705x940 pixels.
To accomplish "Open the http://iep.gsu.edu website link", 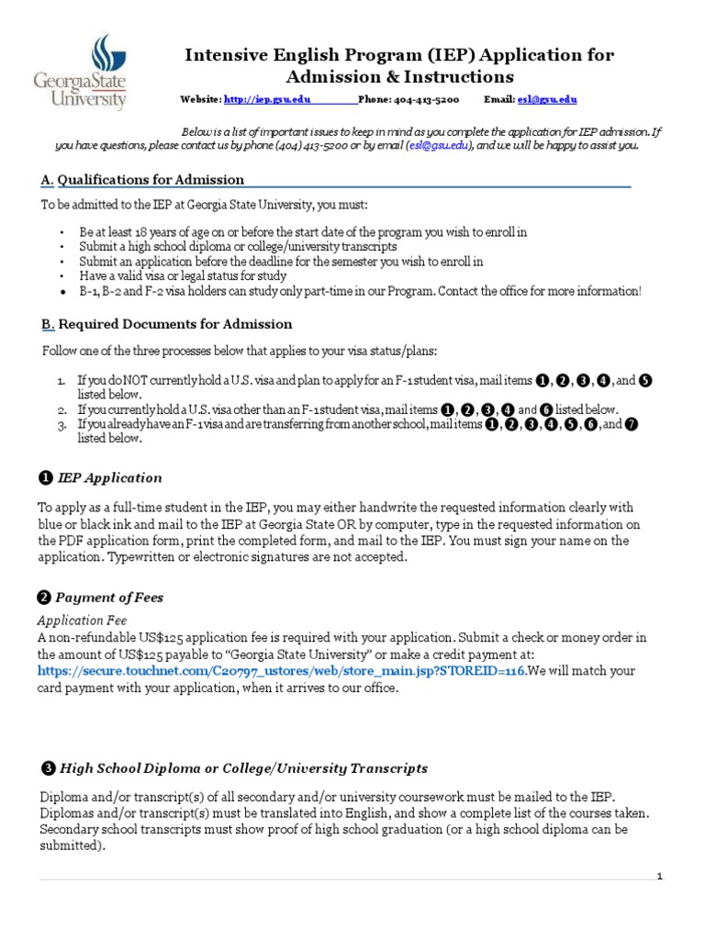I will coord(267,99).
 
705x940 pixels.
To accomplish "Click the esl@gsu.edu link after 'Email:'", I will coord(547,99).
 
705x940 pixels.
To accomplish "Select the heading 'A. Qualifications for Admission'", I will coord(141,180).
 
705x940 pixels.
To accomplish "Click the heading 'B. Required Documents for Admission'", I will coord(166,324).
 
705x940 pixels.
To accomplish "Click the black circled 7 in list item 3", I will coord(631,424).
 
